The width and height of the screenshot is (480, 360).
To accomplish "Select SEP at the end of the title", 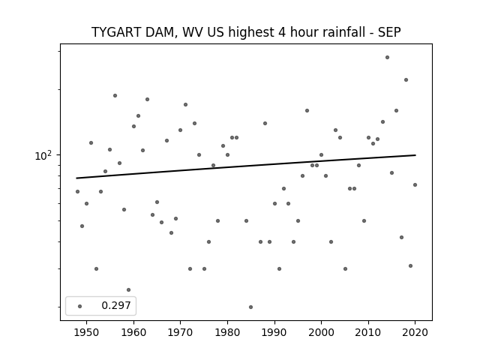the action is click(389, 32).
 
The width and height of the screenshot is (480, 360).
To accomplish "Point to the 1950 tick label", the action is click(87, 332).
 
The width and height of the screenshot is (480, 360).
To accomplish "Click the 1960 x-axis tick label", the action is click(133, 332).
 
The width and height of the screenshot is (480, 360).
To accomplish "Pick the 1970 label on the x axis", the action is click(180, 332).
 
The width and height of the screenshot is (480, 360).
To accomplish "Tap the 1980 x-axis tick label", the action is click(227, 332).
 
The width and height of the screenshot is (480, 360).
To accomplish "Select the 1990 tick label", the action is click(274, 332).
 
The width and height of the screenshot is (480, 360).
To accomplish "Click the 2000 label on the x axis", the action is click(321, 332).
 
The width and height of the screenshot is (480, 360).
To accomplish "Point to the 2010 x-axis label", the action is click(368, 332).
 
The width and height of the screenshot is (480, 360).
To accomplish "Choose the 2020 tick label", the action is click(415, 332).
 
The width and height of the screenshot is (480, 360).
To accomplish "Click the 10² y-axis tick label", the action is click(43, 155).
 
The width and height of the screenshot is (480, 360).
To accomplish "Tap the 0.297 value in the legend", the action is click(116, 305).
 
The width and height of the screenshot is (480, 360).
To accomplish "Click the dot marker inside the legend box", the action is click(80, 306).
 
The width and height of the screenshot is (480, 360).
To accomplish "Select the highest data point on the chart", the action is click(387, 57).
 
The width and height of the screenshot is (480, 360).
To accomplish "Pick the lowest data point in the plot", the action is click(250, 307).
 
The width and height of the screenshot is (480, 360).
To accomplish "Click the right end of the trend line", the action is click(415, 155).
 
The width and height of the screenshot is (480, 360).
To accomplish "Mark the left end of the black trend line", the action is click(76, 178).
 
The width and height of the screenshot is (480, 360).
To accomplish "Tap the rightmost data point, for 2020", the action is click(415, 185).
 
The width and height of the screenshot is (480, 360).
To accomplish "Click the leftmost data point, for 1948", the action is click(77, 192).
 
